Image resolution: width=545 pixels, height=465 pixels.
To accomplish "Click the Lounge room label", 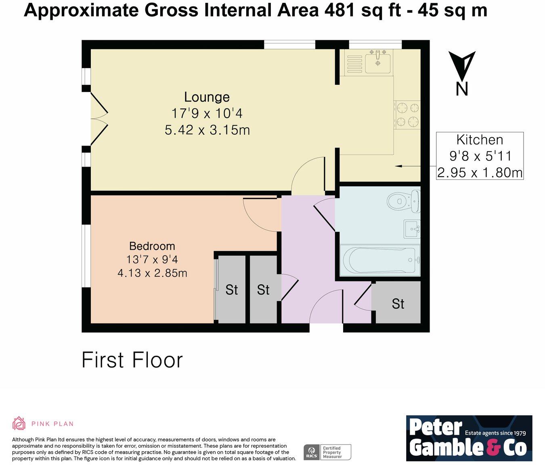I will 207,97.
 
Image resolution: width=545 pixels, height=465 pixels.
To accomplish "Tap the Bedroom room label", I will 152,246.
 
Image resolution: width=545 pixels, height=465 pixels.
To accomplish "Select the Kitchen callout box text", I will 480,156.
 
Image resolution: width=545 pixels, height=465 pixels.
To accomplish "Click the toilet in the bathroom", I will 403,200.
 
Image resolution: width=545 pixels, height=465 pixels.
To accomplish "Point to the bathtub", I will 380,260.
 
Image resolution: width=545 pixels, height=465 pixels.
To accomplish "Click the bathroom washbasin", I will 412,229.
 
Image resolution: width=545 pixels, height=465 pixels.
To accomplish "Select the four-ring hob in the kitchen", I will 407,115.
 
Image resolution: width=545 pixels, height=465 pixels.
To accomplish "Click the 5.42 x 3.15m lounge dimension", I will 207,130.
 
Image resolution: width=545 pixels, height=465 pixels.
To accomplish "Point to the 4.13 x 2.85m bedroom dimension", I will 152,273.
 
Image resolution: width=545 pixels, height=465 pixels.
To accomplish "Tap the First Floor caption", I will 132,360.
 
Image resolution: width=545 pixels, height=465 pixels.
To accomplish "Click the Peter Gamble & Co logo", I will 469,438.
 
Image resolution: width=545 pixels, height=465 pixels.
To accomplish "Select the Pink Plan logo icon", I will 19,423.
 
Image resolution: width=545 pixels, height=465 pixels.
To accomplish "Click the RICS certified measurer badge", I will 327,452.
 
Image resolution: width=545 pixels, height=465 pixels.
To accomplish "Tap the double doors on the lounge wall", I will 99,119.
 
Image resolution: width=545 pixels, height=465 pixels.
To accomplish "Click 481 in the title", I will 340,10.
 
